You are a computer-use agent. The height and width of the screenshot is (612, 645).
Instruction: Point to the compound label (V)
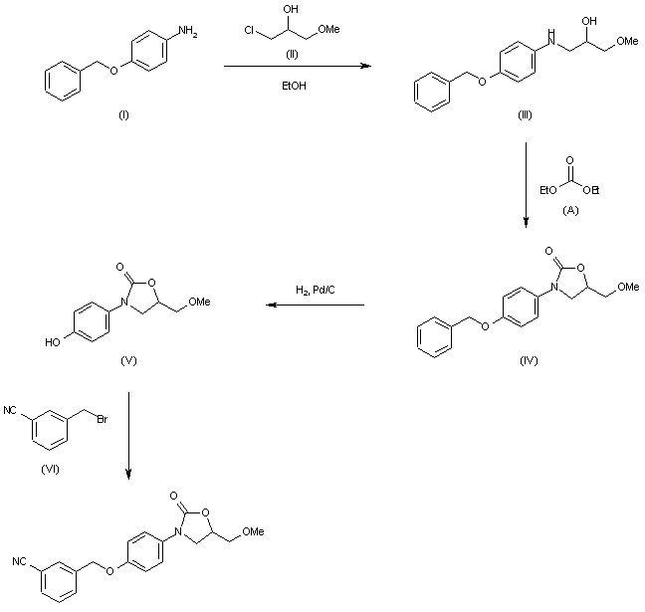[127, 359]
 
